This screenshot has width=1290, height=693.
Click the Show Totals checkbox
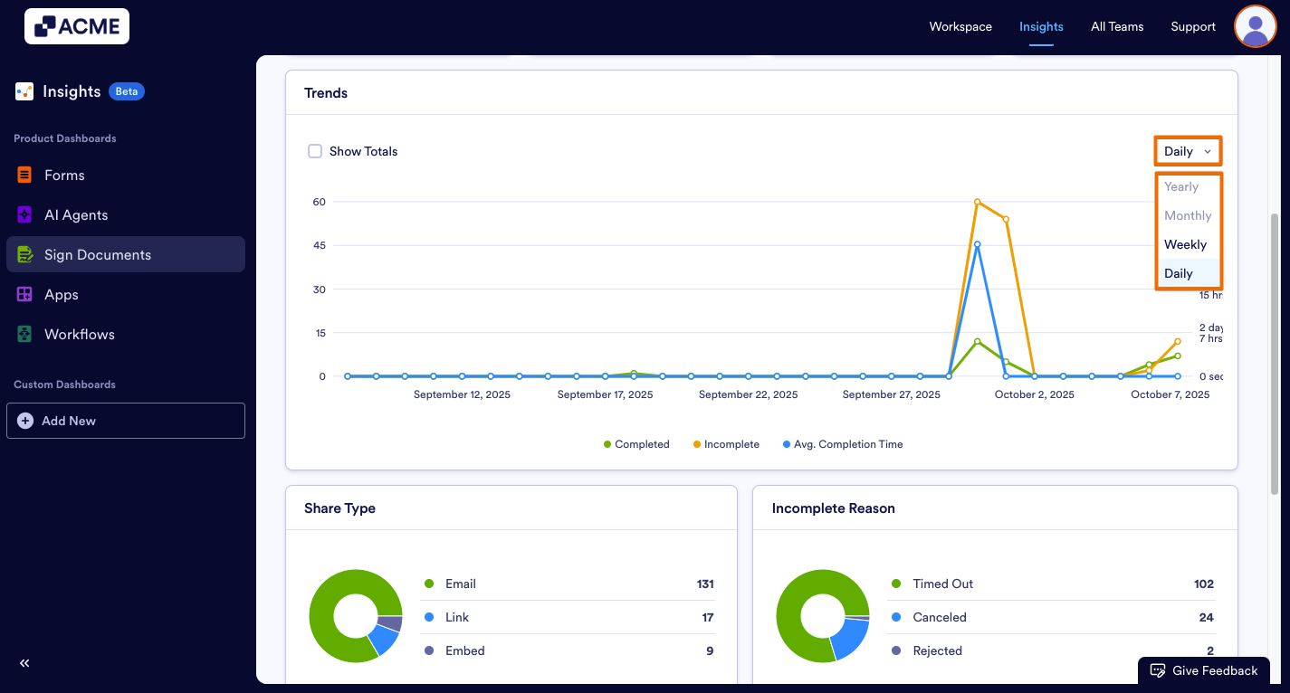(x=315, y=151)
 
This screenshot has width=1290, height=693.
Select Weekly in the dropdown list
(x=1186, y=244)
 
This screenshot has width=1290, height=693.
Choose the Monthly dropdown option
(x=1188, y=215)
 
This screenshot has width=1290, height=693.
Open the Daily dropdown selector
(x=1188, y=151)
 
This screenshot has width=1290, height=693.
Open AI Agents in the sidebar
(x=76, y=214)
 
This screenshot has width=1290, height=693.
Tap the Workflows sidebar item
(x=80, y=334)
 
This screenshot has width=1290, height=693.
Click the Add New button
(x=125, y=421)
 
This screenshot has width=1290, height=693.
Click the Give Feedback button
(x=1204, y=670)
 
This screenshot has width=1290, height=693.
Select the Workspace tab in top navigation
(x=960, y=26)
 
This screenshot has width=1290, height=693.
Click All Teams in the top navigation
(x=1117, y=26)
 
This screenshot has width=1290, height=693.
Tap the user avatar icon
(x=1255, y=26)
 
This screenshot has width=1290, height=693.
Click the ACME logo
(x=77, y=26)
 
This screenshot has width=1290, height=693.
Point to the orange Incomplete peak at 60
(x=978, y=202)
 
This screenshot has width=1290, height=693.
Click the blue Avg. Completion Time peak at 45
(x=978, y=244)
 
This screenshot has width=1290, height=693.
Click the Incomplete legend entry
(x=726, y=444)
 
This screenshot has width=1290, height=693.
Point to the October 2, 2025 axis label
(x=1034, y=394)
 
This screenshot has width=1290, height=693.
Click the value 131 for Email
(x=704, y=584)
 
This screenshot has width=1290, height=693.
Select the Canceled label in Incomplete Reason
(x=940, y=617)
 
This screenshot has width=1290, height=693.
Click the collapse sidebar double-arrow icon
(x=24, y=663)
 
